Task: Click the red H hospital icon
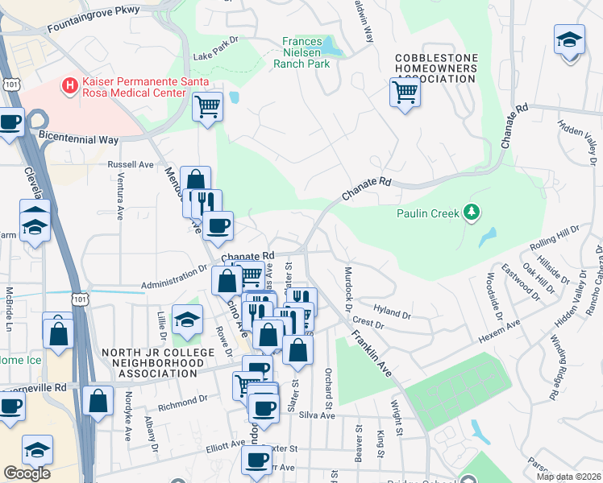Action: [x=71, y=84]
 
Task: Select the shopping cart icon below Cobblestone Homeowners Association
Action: [x=405, y=93]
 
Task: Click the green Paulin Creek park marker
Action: [x=472, y=213]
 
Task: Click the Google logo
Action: [x=27, y=473]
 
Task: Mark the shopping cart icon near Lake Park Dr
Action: [x=207, y=105]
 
